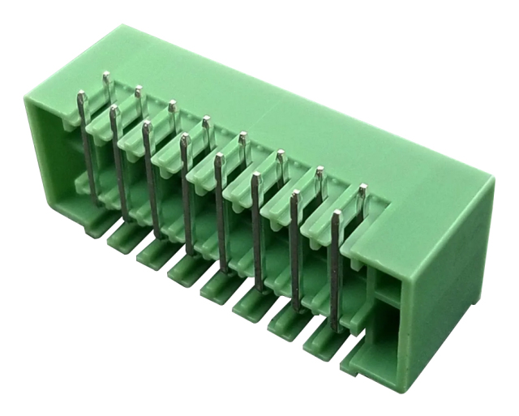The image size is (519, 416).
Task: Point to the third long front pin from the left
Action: tap(152, 178)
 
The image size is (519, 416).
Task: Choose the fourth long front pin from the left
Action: tap(187, 195)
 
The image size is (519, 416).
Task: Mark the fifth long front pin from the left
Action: tap(221, 211)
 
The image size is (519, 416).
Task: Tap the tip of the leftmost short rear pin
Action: tap(105, 76)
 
